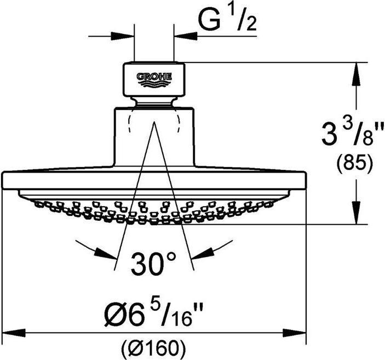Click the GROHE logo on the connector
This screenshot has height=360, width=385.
tap(154, 78)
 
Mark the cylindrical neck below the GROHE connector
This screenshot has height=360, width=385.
tap(154, 137)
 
